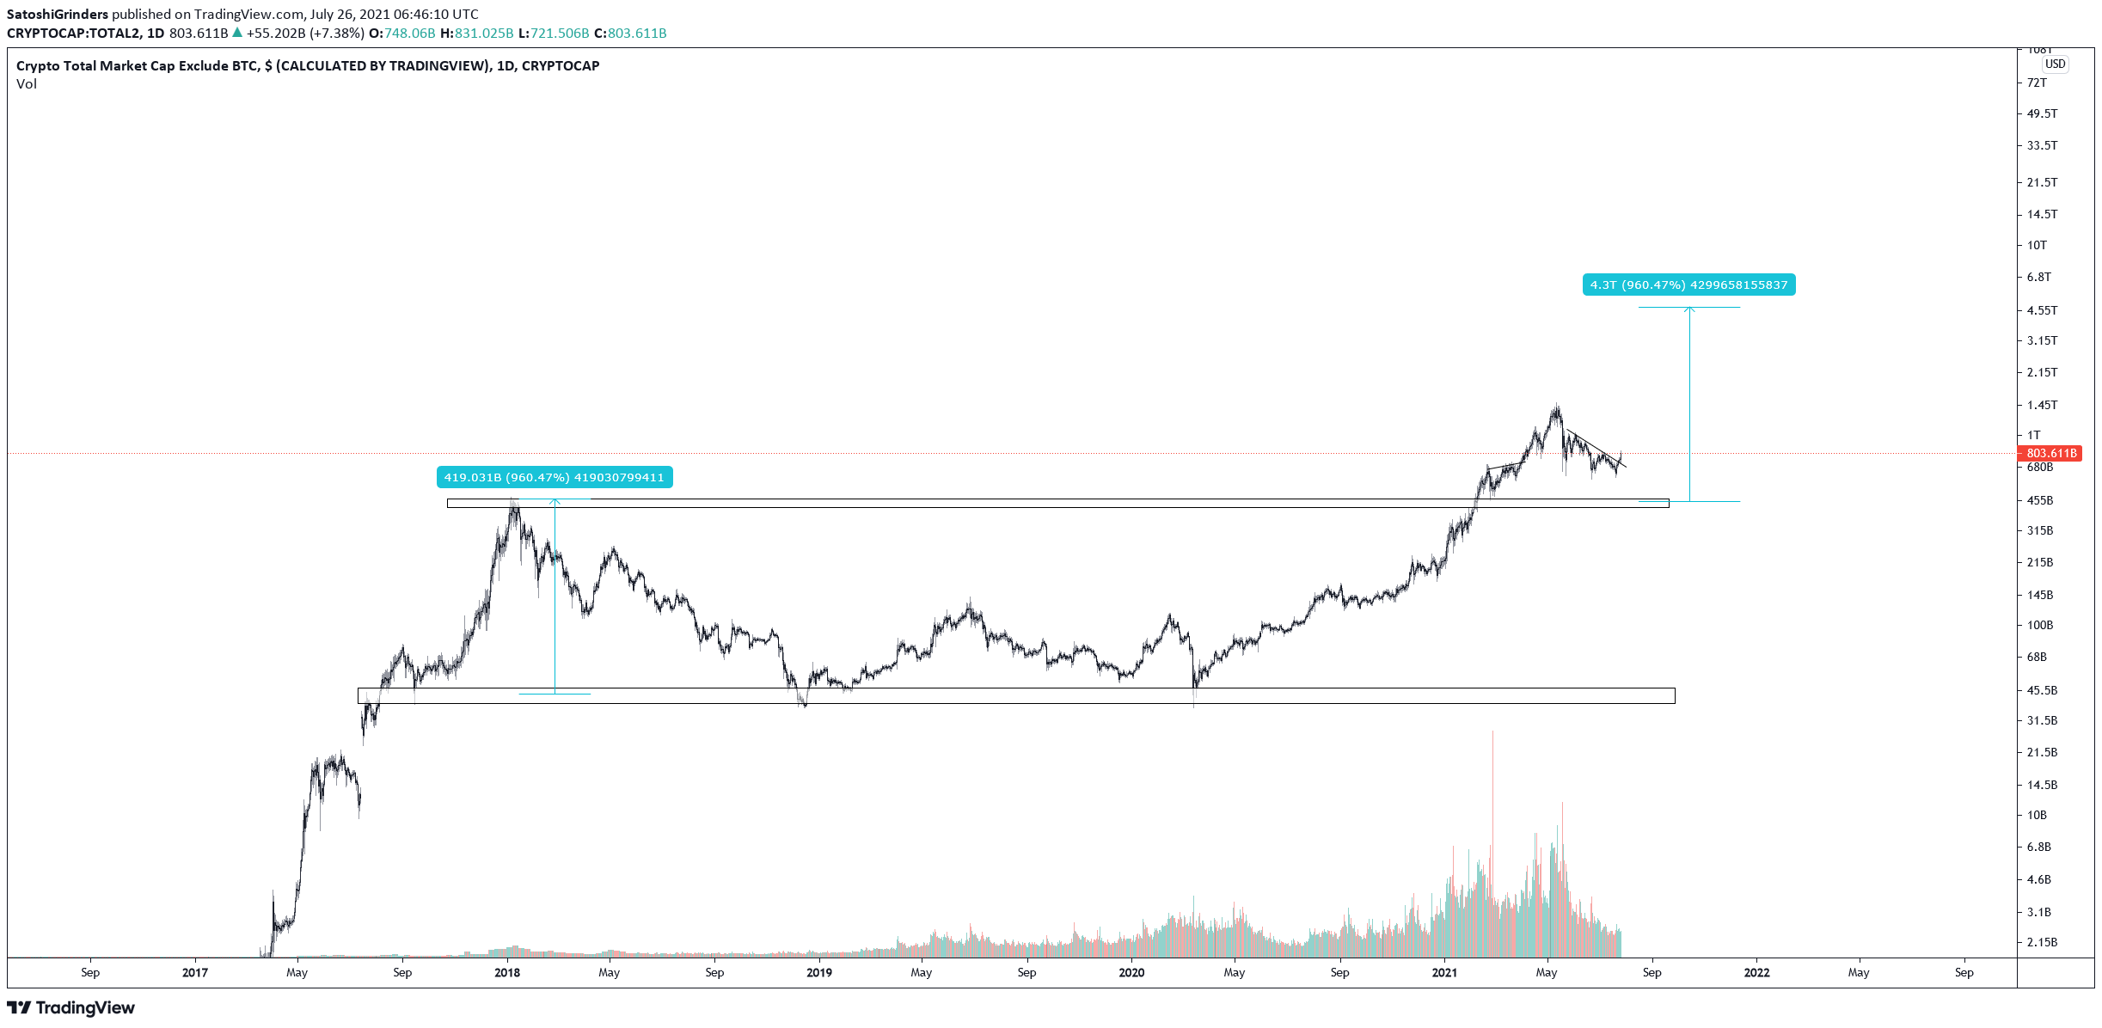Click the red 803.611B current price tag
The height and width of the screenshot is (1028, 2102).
(x=2050, y=453)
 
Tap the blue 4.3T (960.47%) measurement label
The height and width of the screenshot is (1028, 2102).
(x=1688, y=285)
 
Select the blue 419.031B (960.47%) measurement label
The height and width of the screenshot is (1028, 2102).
(x=554, y=477)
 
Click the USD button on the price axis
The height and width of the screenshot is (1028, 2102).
(x=2055, y=64)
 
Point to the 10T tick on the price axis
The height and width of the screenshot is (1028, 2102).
(x=2037, y=245)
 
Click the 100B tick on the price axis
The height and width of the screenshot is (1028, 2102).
(x=2039, y=625)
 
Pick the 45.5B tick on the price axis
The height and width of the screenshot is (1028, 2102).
(x=2041, y=690)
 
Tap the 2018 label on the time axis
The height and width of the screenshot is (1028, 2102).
(x=507, y=972)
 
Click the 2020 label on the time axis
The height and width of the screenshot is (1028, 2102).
(x=1131, y=972)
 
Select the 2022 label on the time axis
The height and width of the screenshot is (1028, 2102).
(x=1756, y=972)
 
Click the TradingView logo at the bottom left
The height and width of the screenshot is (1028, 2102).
(x=71, y=1007)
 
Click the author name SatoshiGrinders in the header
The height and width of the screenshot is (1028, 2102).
(x=58, y=14)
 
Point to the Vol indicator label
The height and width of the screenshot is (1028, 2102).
(x=27, y=83)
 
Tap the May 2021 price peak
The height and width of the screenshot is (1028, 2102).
(x=1556, y=407)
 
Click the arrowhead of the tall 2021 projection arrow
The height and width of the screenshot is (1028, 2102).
(x=1689, y=309)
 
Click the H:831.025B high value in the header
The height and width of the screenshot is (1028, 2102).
(x=477, y=33)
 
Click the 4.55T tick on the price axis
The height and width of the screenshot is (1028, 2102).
(x=2042, y=310)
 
